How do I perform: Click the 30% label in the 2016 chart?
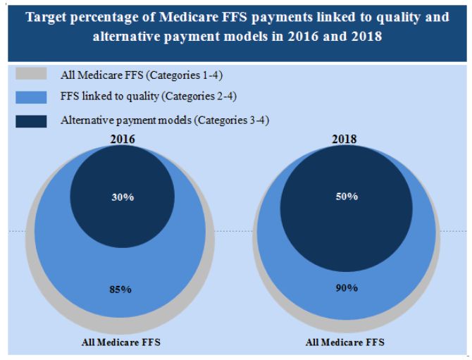coord(123,197)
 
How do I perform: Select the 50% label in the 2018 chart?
coord(346,196)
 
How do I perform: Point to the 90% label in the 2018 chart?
coord(346,289)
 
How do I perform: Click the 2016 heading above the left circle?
coord(123,139)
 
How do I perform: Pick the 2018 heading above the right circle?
coord(346,139)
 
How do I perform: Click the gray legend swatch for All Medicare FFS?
coord(30,74)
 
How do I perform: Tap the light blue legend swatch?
coord(30,97)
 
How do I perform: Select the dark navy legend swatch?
coord(30,120)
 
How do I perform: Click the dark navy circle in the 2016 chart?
coord(123,180)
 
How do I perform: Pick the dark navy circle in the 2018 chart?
coord(346,211)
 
